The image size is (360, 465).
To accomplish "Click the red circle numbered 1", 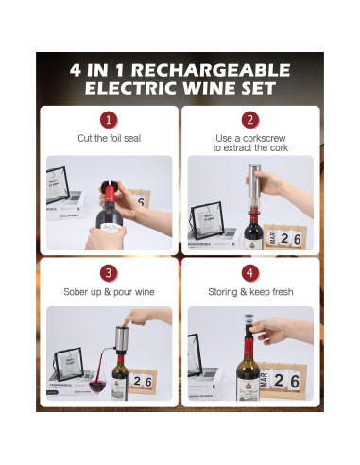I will (x=110, y=120).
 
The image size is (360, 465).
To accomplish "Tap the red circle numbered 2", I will (x=249, y=120).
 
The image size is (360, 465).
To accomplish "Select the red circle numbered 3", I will (x=110, y=273).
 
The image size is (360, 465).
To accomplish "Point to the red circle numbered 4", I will (x=249, y=273).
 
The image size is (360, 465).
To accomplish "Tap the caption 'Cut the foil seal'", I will (x=110, y=139).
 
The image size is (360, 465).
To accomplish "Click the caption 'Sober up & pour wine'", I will (x=110, y=292).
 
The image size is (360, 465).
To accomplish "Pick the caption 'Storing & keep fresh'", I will (x=249, y=292).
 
